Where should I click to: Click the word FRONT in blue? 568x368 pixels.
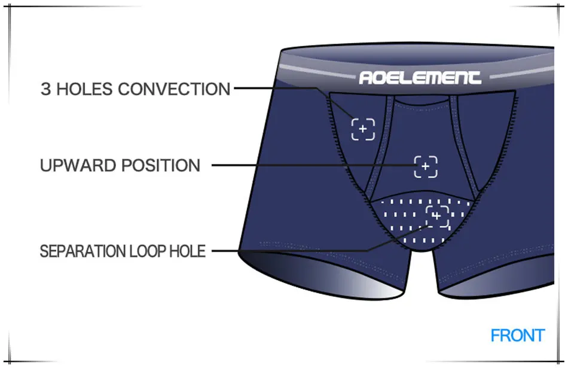click(517, 336)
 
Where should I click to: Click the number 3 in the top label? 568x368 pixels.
click(46, 90)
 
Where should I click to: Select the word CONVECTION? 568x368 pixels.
click(174, 90)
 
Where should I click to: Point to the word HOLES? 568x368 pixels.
click(85, 90)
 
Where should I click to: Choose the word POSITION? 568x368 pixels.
click(161, 165)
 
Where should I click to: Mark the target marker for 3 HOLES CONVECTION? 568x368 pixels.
click(363, 129)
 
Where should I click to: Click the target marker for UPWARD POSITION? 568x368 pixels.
click(426, 166)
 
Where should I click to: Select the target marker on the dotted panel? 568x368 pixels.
click(436, 216)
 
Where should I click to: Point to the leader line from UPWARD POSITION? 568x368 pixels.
click(311, 165)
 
